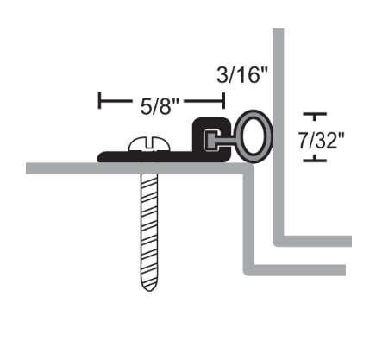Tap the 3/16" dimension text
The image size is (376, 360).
tap(242, 74)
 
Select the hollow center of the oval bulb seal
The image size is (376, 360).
tap(256, 136)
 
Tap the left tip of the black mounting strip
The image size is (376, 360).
tap(101, 156)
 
